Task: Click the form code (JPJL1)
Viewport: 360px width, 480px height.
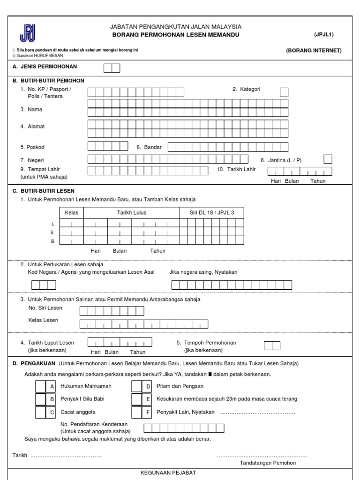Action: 324,35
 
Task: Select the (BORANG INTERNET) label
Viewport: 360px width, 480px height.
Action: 314,51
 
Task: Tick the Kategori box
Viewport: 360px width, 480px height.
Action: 284,92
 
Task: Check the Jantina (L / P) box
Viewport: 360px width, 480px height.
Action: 328,159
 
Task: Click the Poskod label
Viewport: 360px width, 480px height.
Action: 32,147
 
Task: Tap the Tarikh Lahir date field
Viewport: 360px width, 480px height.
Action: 300,172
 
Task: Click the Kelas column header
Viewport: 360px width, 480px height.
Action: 71,212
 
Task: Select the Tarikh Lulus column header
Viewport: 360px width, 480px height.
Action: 131,212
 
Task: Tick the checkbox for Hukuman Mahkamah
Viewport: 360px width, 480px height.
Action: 41,386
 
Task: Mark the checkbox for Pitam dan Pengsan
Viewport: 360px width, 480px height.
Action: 137,386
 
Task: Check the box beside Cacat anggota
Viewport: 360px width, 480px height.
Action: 41,412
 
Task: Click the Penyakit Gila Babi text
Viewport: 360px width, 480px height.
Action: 82,399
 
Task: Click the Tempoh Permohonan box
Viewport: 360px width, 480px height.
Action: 272,346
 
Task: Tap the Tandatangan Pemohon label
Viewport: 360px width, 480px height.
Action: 268,463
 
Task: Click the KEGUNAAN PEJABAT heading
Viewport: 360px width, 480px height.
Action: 168,472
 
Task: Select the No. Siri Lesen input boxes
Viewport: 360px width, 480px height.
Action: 112,311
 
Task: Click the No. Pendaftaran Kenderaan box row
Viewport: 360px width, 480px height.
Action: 183,427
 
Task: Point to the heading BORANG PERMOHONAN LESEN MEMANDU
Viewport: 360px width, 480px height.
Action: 176,35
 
